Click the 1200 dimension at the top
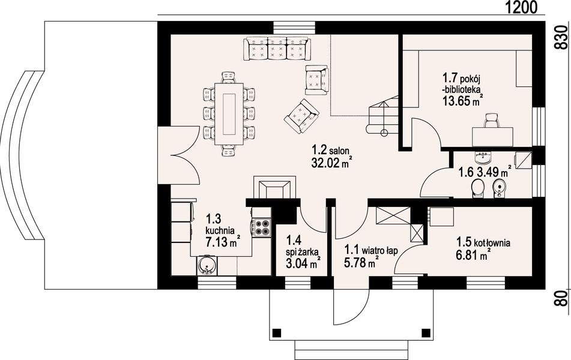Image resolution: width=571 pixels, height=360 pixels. tap(521, 7)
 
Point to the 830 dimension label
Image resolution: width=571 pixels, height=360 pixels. tap(561, 37)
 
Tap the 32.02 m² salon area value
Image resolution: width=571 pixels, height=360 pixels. tap(330, 163)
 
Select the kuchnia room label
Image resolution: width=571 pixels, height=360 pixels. tap(220, 230)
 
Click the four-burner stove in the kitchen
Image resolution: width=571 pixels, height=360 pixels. tap(261, 227)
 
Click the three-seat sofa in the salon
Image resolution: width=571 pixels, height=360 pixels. tap(277, 49)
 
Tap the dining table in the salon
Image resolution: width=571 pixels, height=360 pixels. tap(229, 114)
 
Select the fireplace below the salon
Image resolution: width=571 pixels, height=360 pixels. tap(274, 187)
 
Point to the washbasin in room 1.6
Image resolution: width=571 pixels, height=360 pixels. tap(483, 157)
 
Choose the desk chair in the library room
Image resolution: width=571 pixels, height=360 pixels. tap(491, 121)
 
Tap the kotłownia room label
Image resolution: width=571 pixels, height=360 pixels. tap(492, 243)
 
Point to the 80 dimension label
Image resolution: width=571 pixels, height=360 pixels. tap(562, 298)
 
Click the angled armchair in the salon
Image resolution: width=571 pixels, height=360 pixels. tap(302, 116)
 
